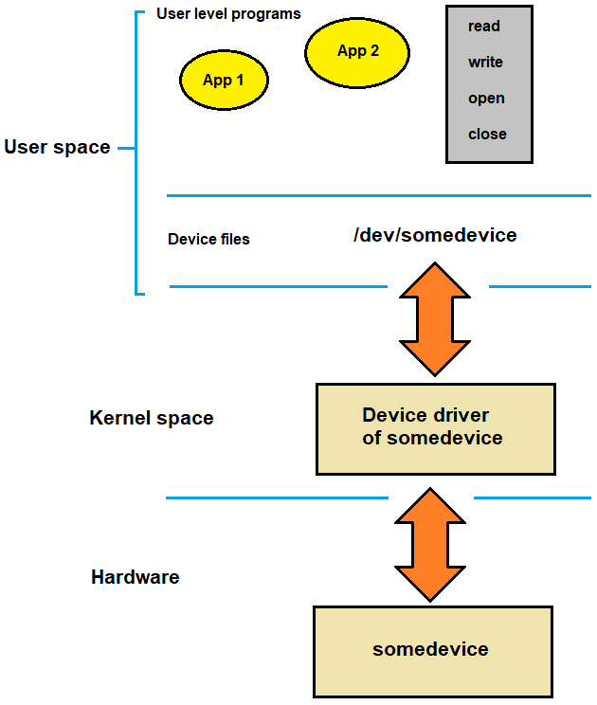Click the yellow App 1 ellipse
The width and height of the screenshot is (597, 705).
224,80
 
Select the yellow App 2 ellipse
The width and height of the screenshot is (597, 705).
357,51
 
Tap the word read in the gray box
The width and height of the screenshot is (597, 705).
483,27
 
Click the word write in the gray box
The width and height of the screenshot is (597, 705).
485,63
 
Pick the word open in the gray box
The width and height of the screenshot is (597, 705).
486,99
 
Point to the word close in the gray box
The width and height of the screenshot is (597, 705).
487,135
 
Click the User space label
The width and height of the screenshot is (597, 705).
57,148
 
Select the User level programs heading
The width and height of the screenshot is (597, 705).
228,14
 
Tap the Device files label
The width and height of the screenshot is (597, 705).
208,240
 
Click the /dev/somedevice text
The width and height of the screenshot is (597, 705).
435,235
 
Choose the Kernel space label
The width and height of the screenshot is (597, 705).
152,418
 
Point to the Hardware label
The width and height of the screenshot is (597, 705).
135,577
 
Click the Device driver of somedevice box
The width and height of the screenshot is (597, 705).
435,428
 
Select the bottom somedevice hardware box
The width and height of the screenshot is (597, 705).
431,650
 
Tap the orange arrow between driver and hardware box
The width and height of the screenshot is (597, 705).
432,545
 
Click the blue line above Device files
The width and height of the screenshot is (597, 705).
379,196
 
